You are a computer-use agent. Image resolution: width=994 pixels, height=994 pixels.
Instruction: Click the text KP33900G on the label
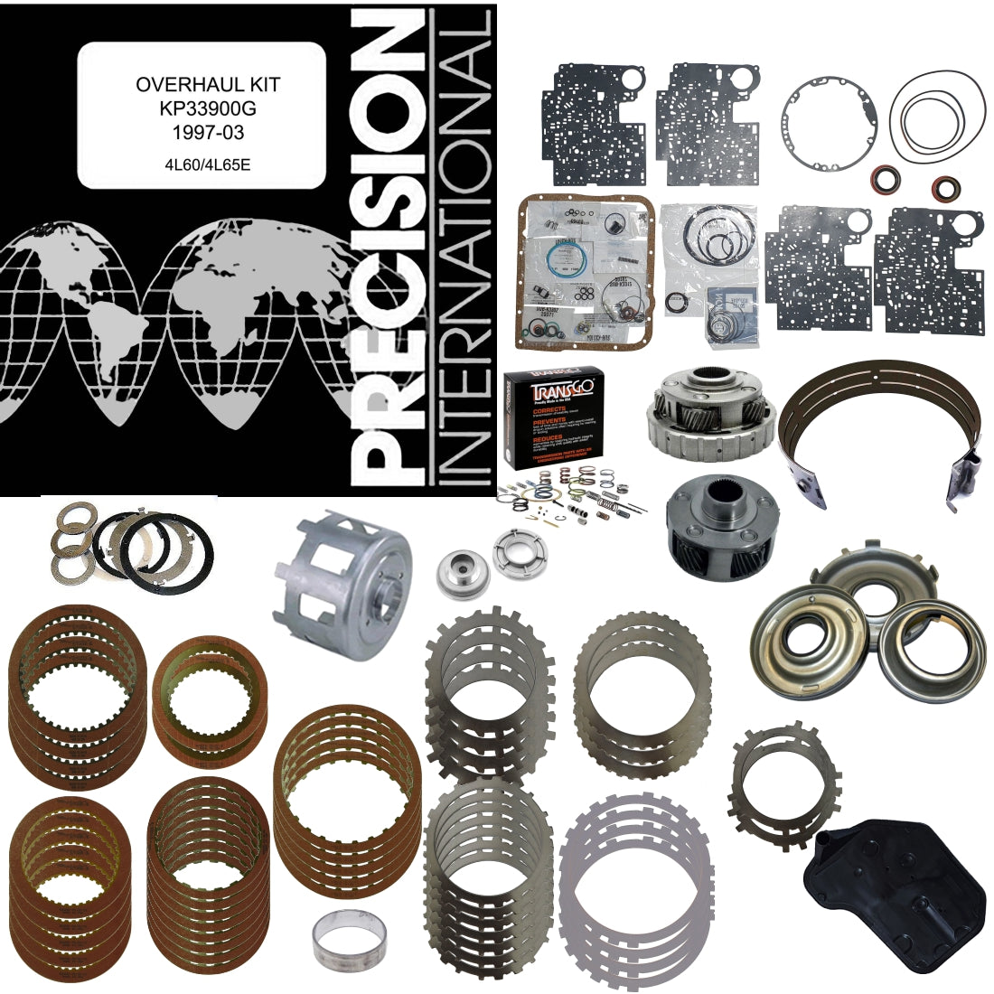point(208,107)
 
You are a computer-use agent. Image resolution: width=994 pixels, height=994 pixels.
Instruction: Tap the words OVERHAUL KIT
point(208,85)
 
